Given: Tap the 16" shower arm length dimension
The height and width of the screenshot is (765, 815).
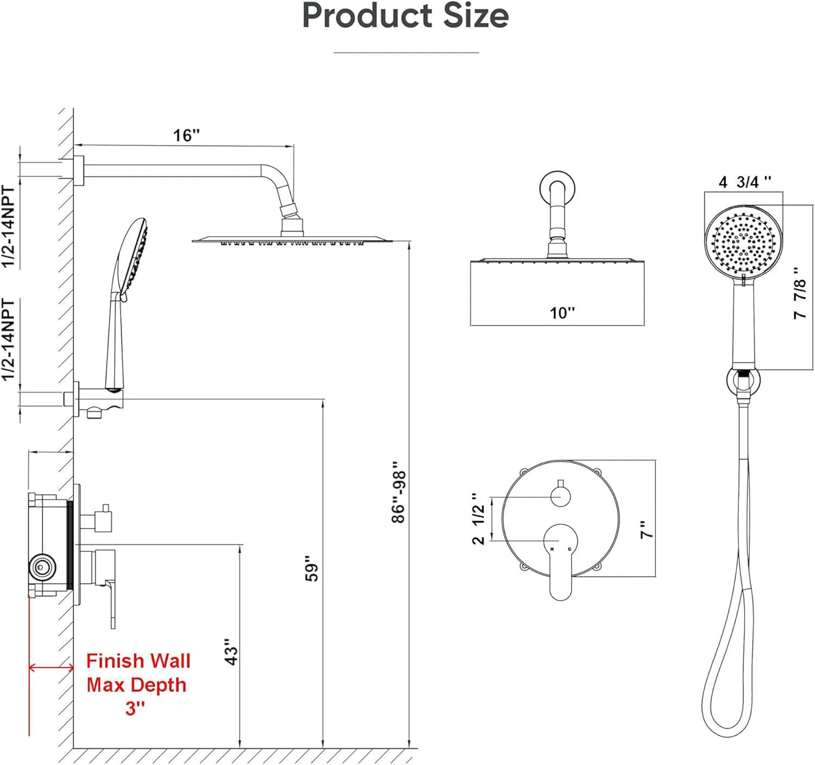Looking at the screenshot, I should (x=186, y=135).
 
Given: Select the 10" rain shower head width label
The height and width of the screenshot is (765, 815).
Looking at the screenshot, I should (x=562, y=313).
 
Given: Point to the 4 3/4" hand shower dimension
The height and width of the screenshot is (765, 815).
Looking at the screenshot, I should (x=744, y=182).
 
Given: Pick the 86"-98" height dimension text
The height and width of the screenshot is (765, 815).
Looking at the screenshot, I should (x=399, y=492).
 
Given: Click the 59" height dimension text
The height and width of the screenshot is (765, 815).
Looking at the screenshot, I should (x=312, y=568).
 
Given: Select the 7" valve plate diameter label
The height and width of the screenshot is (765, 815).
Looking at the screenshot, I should (x=647, y=529).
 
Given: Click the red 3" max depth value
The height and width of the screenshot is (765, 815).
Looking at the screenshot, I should (x=135, y=709).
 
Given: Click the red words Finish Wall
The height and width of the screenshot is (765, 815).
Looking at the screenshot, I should (x=139, y=661).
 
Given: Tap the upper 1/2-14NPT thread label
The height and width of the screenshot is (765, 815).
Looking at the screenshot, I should (x=9, y=226).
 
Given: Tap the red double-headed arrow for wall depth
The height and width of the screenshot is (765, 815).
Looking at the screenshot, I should (x=51, y=668).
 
